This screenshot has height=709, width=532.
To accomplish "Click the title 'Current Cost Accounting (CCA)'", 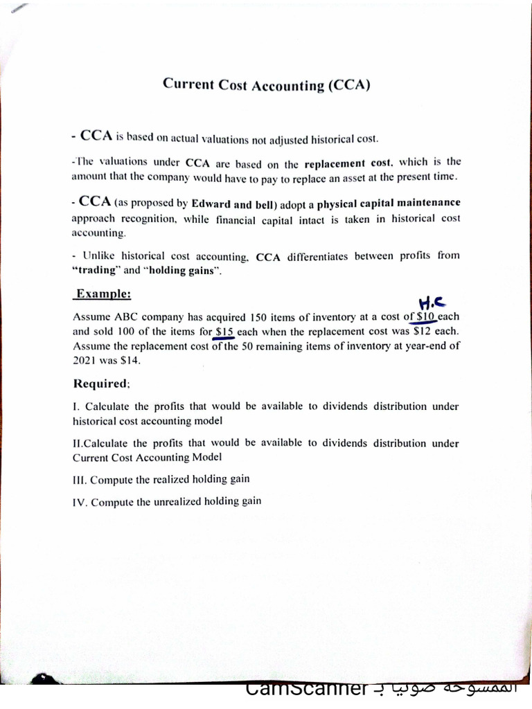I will (267, 85).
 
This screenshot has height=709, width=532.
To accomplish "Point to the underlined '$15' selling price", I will (224, 332).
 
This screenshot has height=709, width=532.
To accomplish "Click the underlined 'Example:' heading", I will (103, 294).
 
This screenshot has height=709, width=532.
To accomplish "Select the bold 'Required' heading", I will (101, 384).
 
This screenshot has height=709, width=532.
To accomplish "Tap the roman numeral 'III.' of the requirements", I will (80, 479).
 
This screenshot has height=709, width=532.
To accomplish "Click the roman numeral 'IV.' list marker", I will (80, 502).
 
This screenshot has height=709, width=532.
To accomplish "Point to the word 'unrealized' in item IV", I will (176, 501).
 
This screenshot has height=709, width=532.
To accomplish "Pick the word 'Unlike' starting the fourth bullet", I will (99, 255).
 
